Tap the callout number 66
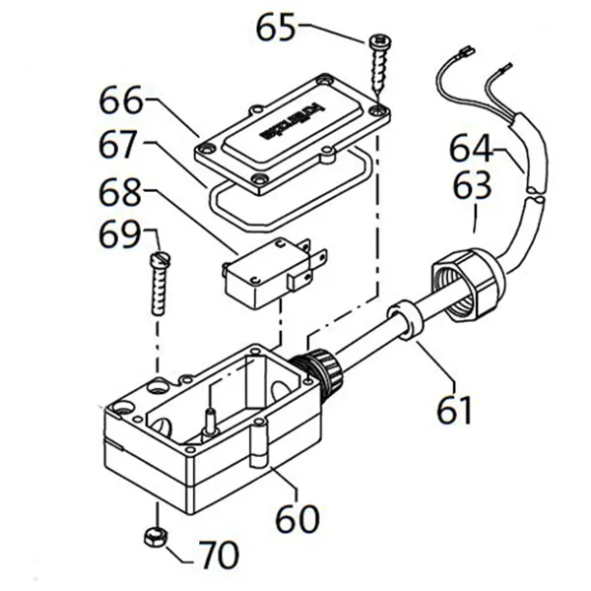(x=121, y=101)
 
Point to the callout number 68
(x=122, y=191)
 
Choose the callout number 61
(x=455, y=409)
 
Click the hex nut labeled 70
(x=155, y=537)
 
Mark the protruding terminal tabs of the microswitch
(x=312, y=260)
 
